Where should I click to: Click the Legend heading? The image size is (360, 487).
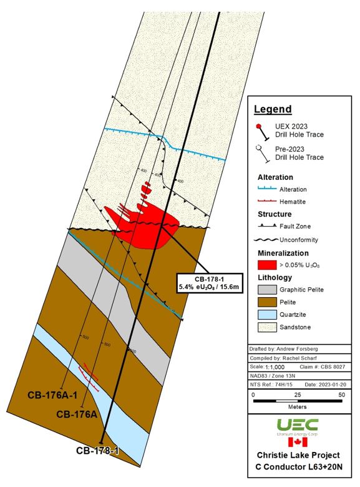pos(272,109)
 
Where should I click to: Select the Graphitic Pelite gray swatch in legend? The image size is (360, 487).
pos(267,290)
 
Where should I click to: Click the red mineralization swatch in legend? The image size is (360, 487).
pos(267,265)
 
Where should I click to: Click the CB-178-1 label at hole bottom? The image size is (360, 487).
pos(97,450)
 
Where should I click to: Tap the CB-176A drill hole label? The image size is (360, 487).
pos(76,414)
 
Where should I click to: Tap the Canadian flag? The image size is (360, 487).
pos(298,443)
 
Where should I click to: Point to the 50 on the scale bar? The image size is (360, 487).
pos(341,396)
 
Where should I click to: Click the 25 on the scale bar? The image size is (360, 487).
pos(298,396)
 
